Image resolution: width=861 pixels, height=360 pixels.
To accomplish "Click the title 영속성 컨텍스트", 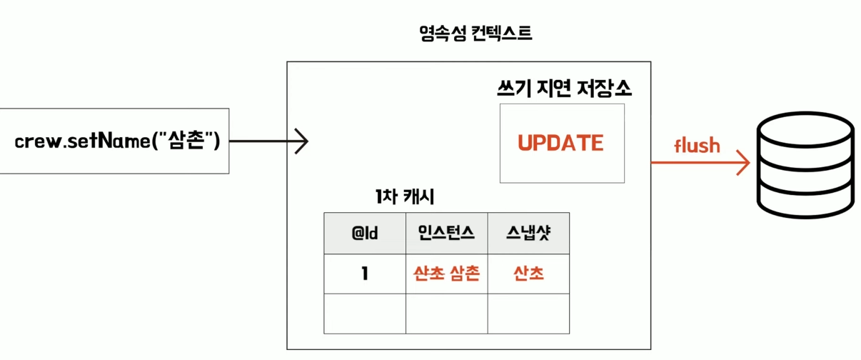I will coord(475,33).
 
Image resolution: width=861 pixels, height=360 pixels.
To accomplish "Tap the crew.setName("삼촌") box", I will coord(114,141).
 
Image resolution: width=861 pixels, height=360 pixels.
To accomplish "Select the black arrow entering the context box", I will coord(268,141).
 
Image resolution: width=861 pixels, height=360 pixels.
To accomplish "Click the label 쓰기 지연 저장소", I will coord(563,89).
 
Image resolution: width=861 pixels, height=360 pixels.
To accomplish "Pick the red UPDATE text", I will coord(561,143).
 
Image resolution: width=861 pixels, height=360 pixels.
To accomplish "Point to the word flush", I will coord(697,146).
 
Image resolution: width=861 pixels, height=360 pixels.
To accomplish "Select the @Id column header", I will coord(365,233).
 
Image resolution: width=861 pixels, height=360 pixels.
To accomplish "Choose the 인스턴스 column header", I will coord(447,233).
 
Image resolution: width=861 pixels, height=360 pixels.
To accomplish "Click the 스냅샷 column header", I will coord(528,233).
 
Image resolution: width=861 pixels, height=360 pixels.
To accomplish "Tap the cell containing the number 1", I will coord(365,274).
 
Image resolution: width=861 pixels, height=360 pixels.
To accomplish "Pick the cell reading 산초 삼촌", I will coord(447,274).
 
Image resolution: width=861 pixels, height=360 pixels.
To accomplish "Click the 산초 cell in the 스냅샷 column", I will coord(528,274).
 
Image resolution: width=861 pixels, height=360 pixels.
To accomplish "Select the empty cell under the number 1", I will coord(365,314).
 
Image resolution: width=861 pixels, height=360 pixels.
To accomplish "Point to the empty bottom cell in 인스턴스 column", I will coord(447,314).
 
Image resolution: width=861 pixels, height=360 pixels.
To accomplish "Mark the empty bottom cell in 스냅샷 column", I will coord(528,314).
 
